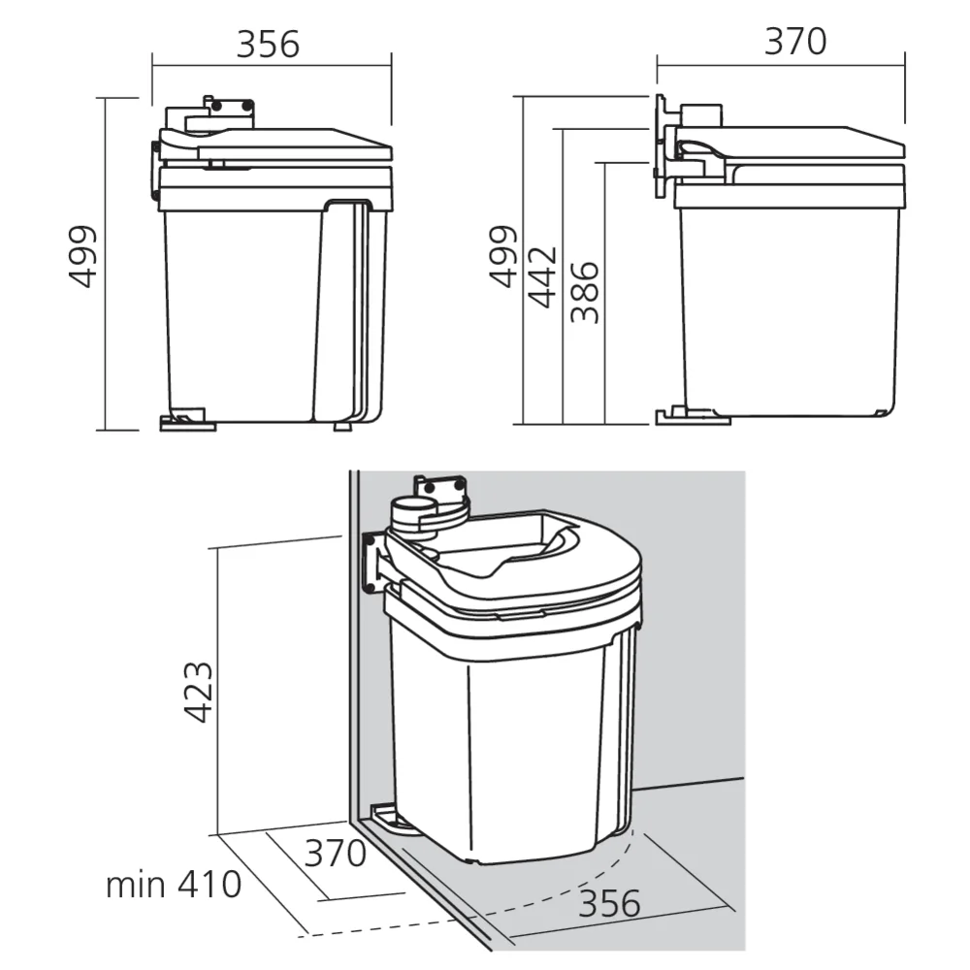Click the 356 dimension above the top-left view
point(269,44)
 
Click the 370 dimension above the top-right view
point(795,42)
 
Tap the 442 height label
point(543,276)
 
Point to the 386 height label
point(585,292)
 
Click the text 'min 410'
point(174,885)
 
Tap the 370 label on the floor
point(336,854)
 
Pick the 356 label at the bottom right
point(610,904)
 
